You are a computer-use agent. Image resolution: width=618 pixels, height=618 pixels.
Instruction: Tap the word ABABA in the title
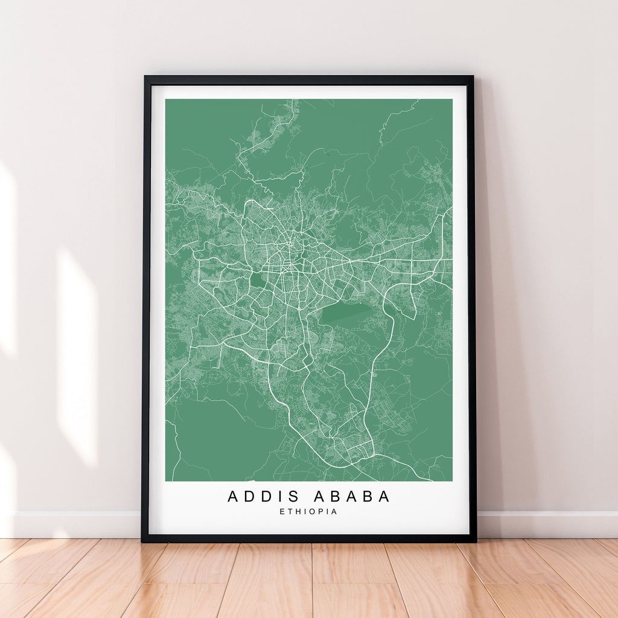point(352,497)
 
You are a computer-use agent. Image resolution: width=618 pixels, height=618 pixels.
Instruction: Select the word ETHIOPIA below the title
point(308,512)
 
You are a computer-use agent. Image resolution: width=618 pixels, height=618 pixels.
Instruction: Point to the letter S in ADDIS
point(294,497)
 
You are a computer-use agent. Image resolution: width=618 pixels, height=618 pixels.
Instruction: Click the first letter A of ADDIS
point(233,497)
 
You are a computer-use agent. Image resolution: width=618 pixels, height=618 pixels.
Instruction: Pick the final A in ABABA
point(384,497)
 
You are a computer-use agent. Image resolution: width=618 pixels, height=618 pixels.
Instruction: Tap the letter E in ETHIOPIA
point(282,512)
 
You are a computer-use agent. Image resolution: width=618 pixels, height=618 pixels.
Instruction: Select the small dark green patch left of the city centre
point(257,281)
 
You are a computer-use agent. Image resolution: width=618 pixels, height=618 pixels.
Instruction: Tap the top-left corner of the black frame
point(145,77)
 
